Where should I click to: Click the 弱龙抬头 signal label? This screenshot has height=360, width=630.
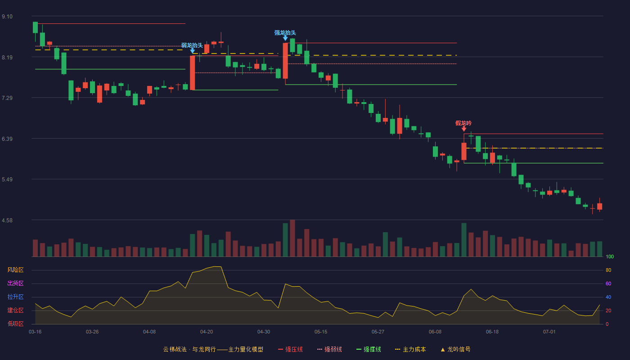tap(192, 45)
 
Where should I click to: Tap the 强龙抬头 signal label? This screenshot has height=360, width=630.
tap(285, 32)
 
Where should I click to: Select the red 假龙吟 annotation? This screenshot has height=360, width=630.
tap(463, 123)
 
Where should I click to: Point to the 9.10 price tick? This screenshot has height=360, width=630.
tap(7, 17)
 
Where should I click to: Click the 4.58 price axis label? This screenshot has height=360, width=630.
tap(7, 220)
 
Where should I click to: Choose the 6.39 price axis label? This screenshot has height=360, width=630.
tap(7, 139)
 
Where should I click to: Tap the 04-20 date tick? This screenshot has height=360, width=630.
tap(207, 332)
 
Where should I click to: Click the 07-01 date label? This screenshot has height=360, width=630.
tap(549, 332)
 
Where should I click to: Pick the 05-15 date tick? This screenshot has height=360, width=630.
tap(321, 332)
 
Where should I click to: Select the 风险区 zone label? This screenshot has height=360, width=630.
tap(15, 270)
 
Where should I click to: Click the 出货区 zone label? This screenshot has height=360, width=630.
tap(15, 283)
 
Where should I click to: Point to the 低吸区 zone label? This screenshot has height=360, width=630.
tap(15, 324)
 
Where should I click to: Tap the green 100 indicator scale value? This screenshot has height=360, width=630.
tap(610, 256)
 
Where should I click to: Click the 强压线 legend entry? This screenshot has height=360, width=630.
tap(290, 349)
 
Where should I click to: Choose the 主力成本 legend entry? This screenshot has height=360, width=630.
tap(410, 349)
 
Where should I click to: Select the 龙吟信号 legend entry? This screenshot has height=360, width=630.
tap(455, 349)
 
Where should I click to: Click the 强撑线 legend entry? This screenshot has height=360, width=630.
tap(369, 349)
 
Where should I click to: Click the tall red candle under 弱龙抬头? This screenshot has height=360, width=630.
tap(193, 73)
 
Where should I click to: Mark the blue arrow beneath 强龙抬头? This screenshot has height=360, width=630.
tap(285, 38)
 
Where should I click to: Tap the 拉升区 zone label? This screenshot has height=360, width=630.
tap(15, 297)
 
